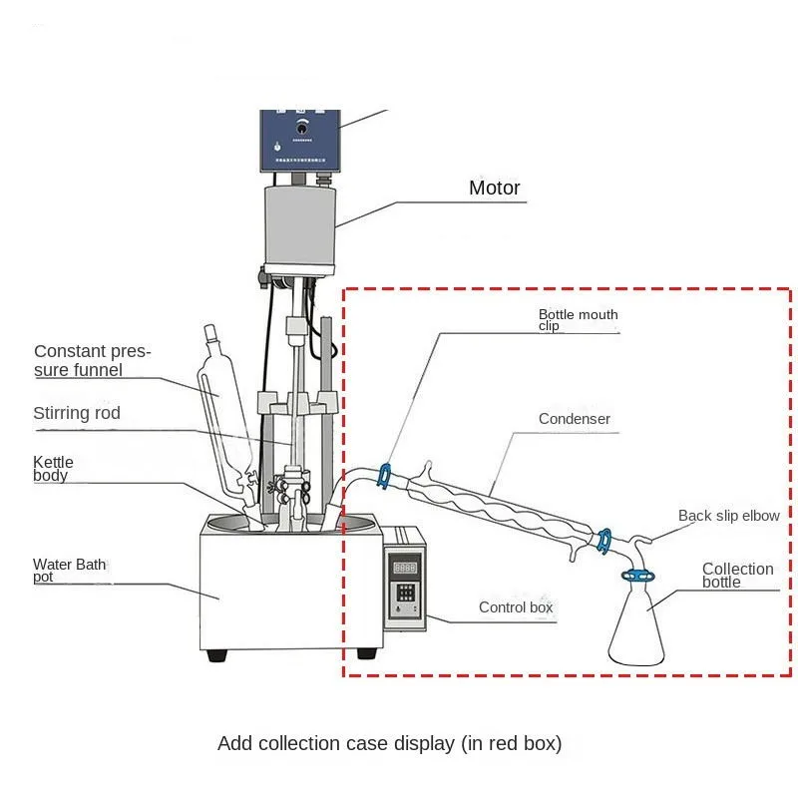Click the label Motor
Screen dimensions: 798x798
click(x=495, y=188)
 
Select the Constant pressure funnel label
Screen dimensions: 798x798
click(x=91, y=360)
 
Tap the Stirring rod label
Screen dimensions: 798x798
click(x=77, y=413)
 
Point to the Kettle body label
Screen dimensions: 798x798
click(x=53, y=469)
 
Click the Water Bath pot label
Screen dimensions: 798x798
click(x=69, y=571)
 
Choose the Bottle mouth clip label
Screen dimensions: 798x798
click(x=578, y=319)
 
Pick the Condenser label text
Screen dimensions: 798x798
click(x=574, y=419)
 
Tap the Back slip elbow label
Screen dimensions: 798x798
click(x=728, y=516)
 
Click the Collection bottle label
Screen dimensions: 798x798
click(x=737, y=575)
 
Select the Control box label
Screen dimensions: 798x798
click(x=516, y=607)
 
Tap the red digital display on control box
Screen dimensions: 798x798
click(x=405, y=568)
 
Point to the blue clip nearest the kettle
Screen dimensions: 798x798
click(x=383, y=476)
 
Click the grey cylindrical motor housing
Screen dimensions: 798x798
click(x=299, y=224)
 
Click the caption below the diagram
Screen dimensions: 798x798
click(x=389, y=743)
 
